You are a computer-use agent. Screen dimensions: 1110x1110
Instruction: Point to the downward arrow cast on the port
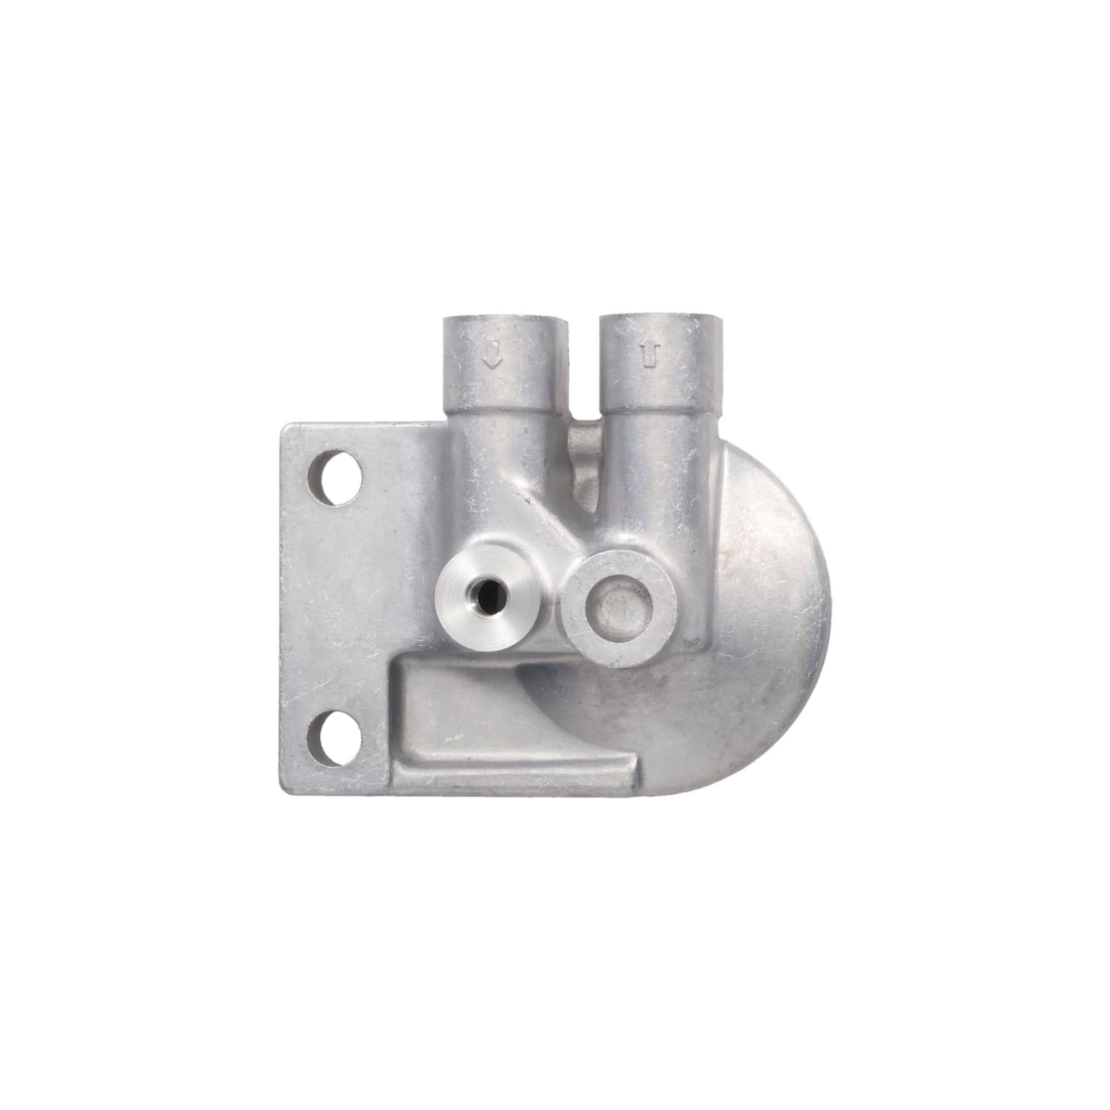tap(492, 355)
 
